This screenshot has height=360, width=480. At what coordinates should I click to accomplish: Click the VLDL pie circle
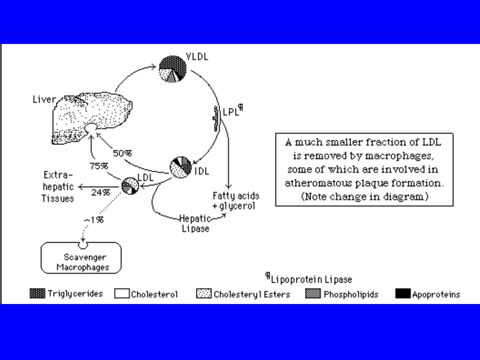pyautogui.click(x=173, y=69)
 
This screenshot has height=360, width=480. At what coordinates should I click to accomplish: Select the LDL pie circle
pyautogui.click(x=130, y=185)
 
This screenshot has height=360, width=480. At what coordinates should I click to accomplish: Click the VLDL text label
pyautogui.click(x=197, y=57)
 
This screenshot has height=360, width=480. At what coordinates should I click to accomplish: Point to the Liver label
pyautogui.click(x=44, y=100)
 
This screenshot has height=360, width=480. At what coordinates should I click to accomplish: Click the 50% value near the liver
pyautogui.click(x=122, y=153)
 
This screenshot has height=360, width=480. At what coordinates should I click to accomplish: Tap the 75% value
pyautogui.click(x=99, y=166)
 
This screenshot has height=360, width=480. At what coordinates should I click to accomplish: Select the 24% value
pyautogui.click(x=100, y=192)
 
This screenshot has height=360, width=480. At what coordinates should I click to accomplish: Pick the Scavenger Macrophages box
pyautogui.click(x=81, y=258)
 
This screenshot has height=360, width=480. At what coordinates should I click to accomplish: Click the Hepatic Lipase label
pyautogui.click(x=195, y=224)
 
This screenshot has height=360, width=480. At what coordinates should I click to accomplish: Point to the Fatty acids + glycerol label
pyautogui.click(x=236, y=201)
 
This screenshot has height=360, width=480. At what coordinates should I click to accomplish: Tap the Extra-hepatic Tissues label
pyautogui.click(x=58, y=187)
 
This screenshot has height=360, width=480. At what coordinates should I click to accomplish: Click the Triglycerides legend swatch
pyautogui.click(x=37, y=293)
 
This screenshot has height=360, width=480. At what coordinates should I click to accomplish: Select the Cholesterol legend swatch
pyautogui.click(x=122, y=294)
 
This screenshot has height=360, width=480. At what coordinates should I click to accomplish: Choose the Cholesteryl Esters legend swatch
pyautogui.click(x=204, y=294)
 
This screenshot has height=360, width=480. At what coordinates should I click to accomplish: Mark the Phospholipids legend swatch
pyautogui.click(x=313, y=294)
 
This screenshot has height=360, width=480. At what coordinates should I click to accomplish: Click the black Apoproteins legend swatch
pyautogui.click(x=403, y=294)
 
